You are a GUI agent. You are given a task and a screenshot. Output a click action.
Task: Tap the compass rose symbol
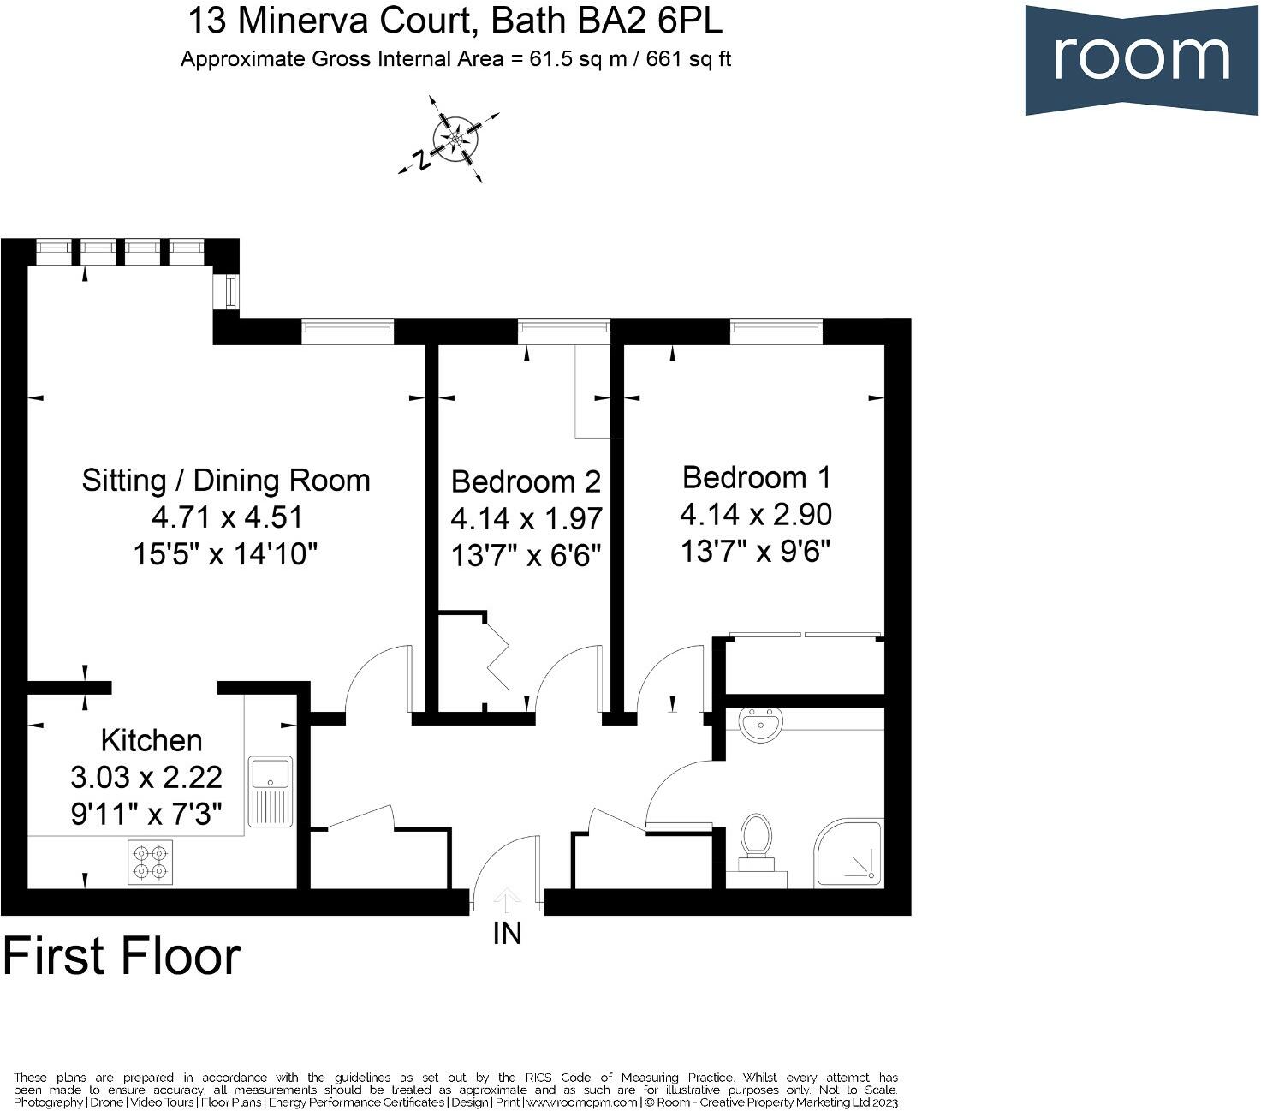(455, 138)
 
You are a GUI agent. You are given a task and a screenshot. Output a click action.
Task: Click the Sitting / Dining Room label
(226, 481)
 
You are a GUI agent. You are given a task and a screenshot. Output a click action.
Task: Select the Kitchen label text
(152, 740)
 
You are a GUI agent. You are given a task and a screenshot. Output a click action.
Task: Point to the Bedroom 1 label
(756, 477)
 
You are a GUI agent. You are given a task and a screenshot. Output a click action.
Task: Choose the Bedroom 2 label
(526, 481)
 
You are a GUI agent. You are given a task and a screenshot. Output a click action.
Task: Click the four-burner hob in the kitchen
(150, 862)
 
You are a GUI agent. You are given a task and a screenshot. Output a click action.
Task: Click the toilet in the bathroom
(755, 838)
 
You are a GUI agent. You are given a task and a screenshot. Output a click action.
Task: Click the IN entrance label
(507, 934)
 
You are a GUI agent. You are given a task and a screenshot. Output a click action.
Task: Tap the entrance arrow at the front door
(507, 901)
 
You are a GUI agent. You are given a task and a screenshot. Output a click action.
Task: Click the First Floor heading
(122, 957)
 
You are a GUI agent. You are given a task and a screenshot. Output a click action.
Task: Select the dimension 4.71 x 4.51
(227, 517)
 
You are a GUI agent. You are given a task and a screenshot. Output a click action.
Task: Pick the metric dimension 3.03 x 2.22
(146, 778)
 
